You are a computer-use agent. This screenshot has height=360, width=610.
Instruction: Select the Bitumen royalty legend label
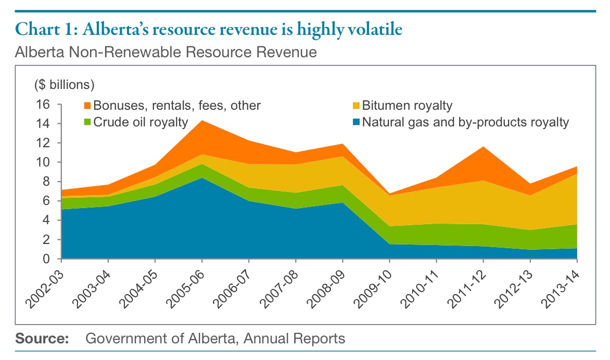407,106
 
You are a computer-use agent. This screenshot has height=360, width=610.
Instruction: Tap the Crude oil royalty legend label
140,123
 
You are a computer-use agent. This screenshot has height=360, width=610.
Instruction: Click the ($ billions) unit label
64,84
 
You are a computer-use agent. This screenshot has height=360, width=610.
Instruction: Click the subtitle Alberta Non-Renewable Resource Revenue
166,52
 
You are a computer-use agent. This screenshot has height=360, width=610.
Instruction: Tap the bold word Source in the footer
42,339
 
